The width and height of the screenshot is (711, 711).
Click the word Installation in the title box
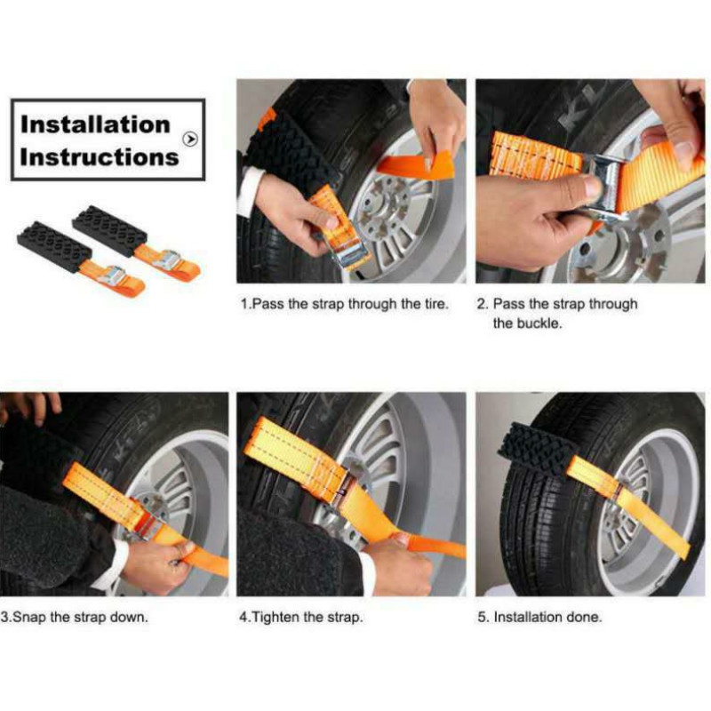pyautogui.click(x=94, y=124)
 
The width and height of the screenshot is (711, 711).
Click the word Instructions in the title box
pyautogui.click(x=99, y=157)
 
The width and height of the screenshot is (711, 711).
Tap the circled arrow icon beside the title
pyautogui.click(x=189, y=139)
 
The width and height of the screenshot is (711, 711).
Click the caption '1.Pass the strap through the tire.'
pyautogui.click(x=345, y=304)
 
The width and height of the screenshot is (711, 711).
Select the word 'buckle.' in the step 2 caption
pyautogui.click(x=516, y=324)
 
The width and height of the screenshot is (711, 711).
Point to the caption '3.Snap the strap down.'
pyautogui.click(x=75, y=616)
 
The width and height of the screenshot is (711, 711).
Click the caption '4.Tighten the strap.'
pyautogui.click(x=301, y=616)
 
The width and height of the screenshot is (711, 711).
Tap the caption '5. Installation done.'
pyautogui.click(x=539, y=616)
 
